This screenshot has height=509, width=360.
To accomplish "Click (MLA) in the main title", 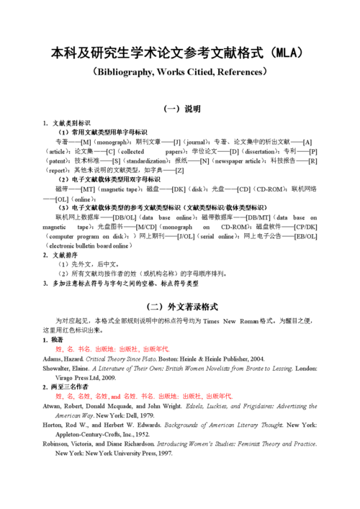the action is [x=283, y=53].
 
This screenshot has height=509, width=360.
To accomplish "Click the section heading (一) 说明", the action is [x=182, y=109].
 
